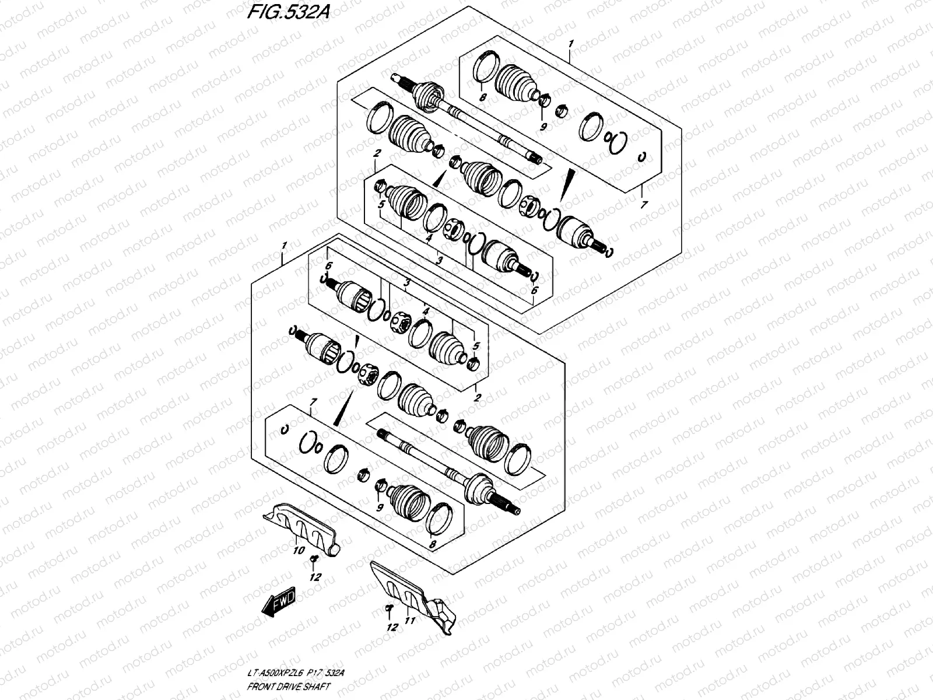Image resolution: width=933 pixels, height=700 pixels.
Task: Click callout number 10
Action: pos(298,550)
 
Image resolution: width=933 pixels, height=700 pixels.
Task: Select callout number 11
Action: pos(409,622)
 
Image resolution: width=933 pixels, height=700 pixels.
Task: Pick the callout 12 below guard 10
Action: pos(315,577)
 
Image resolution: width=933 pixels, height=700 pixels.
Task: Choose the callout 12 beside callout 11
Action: pos(392,628)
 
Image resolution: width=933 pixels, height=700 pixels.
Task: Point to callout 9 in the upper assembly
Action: pos(543,127)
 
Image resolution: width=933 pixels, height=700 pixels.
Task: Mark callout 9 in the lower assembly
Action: pos(380,508)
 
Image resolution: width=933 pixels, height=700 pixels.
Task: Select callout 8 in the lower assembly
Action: pos(432,545)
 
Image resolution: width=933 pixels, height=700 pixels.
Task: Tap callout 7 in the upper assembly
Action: pos(644,205)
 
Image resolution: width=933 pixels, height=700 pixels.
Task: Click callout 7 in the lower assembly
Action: pos(313,402)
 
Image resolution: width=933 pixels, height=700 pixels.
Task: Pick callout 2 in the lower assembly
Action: pos(477,398)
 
